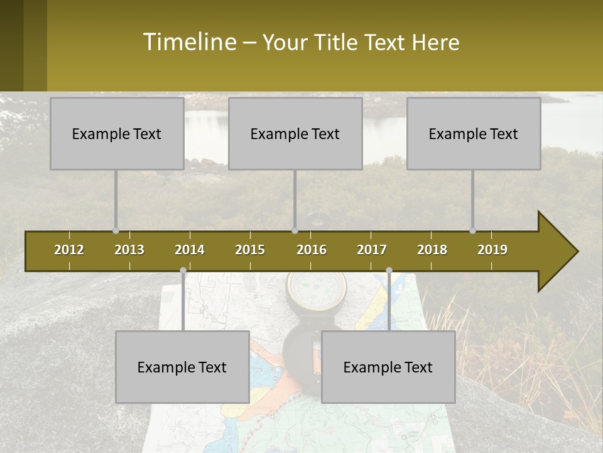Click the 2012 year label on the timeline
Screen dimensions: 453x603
(69, 250)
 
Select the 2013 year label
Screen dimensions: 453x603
(129, 250)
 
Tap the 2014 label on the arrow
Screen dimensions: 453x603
(190, 250)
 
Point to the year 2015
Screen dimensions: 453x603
(250, 250)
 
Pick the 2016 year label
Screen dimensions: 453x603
(312, 250)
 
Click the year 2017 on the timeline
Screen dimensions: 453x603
(372, 250)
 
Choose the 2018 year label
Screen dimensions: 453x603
(432, 250)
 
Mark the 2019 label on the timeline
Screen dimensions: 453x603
(492, 250)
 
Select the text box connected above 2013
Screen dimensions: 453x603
(117, 133)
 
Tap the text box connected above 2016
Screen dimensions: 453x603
(295, 133)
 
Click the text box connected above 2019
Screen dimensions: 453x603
(474, 133)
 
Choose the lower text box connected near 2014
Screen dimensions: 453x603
(182, 367)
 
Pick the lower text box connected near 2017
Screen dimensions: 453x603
(388, 367)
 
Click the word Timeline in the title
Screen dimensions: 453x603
(189, 42)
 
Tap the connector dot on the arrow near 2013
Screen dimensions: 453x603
(116, 231)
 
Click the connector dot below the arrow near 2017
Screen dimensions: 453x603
(389, 271)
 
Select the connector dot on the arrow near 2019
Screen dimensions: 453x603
(472, 231)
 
